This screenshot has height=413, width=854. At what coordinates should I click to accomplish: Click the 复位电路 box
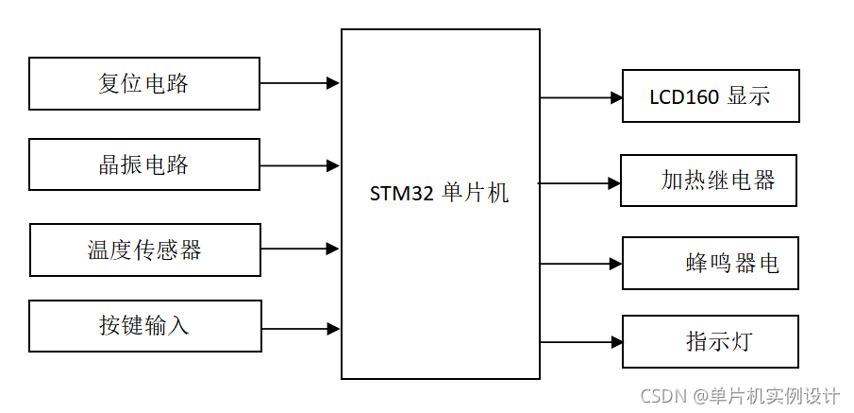click(144, 83)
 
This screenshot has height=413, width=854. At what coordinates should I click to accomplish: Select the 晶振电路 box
click(144, 164)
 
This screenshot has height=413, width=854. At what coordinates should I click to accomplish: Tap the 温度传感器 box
click(145, 250)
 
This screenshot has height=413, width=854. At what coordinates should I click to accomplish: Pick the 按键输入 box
click(145, 326)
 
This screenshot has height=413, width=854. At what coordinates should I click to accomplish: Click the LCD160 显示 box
click(711, 95)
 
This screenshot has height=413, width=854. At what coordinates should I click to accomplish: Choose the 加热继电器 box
click(709, 180)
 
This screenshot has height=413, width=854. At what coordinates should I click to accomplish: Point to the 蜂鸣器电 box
click(711, 263)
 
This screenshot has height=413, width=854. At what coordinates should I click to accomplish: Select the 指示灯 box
click(711, 341)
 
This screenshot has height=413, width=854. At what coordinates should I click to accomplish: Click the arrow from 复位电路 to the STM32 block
click(299, 83)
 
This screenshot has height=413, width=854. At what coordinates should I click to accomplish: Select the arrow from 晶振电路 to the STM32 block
click(299, 165)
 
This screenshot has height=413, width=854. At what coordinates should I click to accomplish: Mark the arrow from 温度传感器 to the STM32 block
click(299, 249)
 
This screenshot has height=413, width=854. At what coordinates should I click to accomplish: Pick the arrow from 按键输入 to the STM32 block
click(299, 329)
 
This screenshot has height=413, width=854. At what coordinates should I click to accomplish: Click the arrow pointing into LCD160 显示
click(581, 97)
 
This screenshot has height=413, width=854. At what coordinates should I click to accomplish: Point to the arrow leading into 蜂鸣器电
click(581, 264)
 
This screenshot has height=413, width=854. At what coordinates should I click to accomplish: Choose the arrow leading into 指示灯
click(581, 341)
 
